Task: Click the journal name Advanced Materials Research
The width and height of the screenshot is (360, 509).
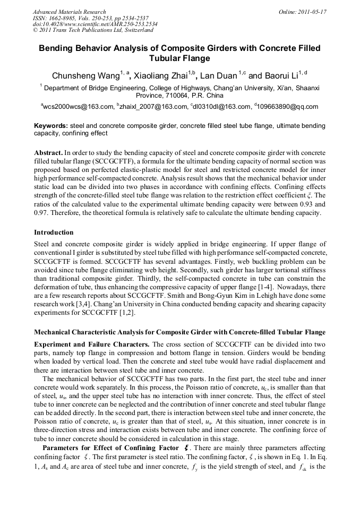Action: [69, 12]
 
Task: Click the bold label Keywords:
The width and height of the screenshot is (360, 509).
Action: [51, 126]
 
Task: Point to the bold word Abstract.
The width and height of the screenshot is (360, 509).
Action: [48, 152]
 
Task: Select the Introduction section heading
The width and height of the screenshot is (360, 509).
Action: [54, 232]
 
